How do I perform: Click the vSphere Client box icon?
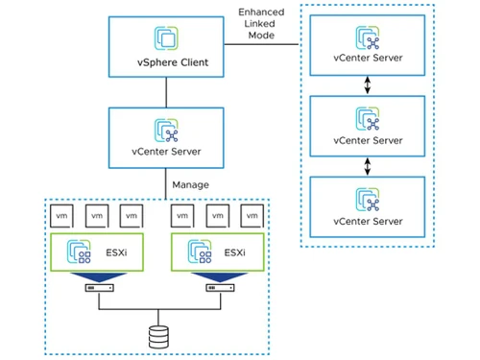coord(166,37)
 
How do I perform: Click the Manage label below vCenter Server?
coord(188,183)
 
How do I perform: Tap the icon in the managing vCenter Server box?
coord(166,126)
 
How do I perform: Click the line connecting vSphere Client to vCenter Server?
coord(166,93)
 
